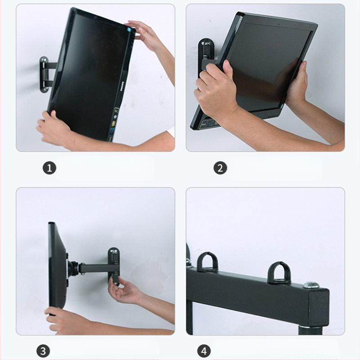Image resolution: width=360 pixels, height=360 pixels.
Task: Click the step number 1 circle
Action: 49,168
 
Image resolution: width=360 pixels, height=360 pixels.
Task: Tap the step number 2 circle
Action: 220,168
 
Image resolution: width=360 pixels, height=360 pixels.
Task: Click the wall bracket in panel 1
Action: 45,74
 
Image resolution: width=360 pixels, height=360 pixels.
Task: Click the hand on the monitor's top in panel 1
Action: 143,34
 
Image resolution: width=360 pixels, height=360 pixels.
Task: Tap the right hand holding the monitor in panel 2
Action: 297,85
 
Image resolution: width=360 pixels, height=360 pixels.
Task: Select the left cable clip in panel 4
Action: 207,262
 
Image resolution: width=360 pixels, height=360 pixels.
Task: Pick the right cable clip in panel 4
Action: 279,273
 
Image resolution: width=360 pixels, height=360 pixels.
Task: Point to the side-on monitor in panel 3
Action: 57,265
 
